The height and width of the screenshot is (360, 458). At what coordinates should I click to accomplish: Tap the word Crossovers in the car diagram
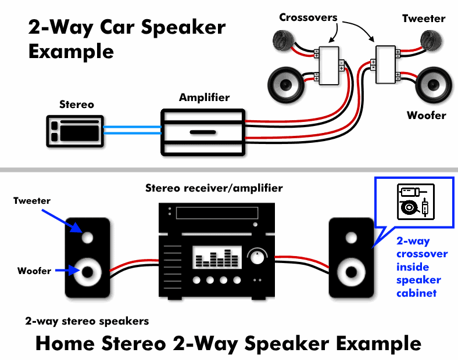pyautogui.click(x=308, y=17)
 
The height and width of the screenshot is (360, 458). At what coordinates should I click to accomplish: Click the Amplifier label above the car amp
pyautogui.click(x=204, y=98)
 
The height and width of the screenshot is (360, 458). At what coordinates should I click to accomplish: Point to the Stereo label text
pyautogui.click(x=76, y=105)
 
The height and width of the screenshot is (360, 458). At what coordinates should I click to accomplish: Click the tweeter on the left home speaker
pyautogui.click(x=87, y=237)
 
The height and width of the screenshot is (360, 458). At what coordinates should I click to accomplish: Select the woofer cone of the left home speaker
pyautogui.click(x=88, y=271)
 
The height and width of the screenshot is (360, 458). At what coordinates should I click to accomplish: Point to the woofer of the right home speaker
pyautogui.click(x=351, y=271)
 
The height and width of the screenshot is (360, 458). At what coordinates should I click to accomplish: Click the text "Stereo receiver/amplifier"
pyautogui.click(x=214, y=188)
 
